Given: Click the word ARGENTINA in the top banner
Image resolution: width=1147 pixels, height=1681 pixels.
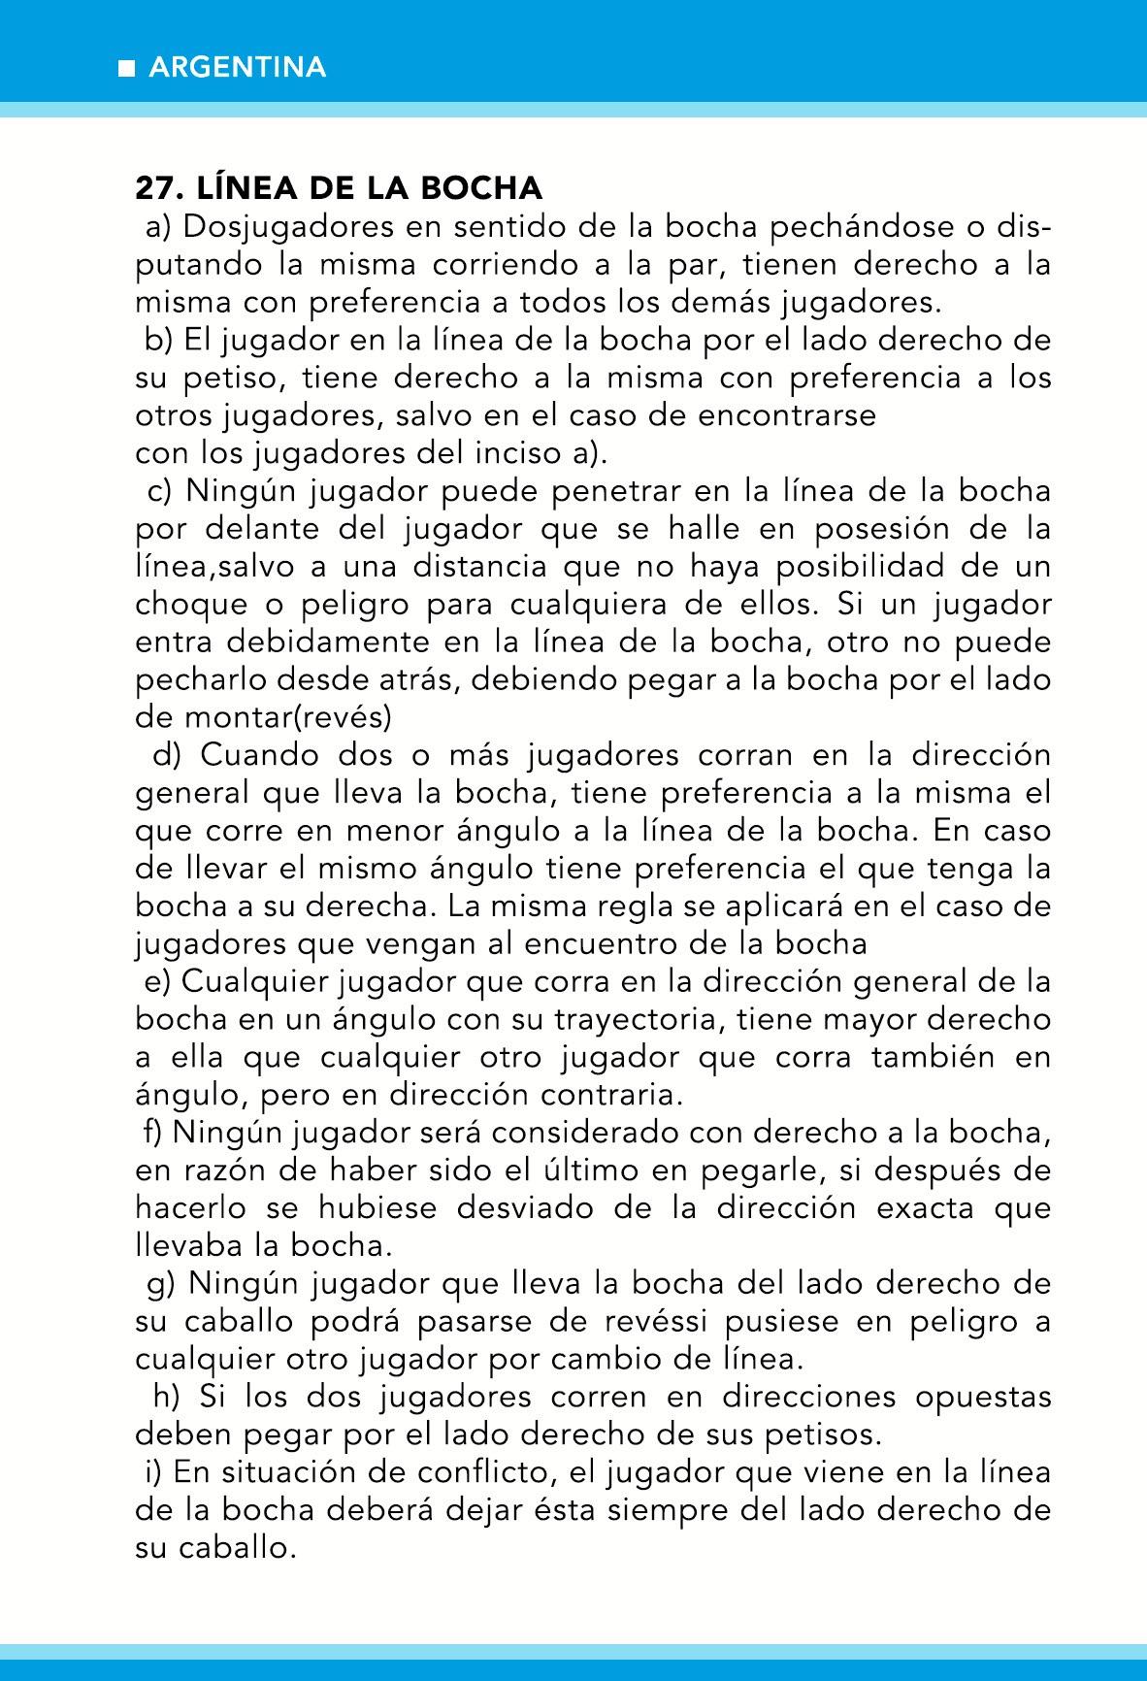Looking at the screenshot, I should pyautogui.click(x=238, y=67).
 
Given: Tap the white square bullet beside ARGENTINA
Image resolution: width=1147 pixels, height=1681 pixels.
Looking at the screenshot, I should pyautogui.click(x=125, y=68).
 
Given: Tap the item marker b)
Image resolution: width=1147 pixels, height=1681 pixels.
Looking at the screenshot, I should pyautogui.click(x=157, y=341).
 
